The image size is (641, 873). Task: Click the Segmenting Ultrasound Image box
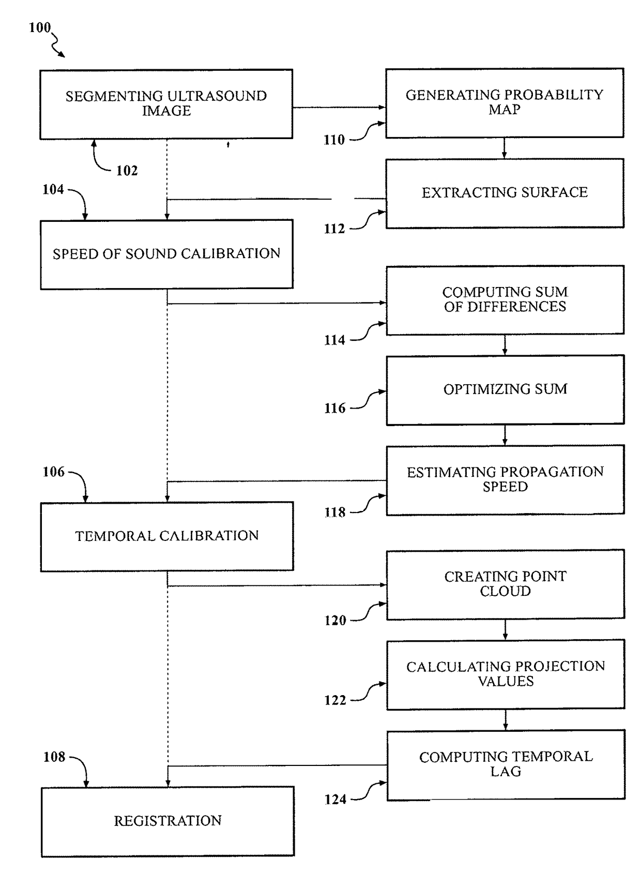pos(166,104)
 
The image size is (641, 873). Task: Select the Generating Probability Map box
pos(505,103)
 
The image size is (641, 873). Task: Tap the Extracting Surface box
pos(505,193)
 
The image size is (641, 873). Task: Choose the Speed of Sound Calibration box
pos(167,254)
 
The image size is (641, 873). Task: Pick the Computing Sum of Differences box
pos(505,300)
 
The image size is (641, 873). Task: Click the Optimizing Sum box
pos(506,390)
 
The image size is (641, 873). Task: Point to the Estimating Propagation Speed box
pos(506,480)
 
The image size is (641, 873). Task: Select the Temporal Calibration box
pos(167,536)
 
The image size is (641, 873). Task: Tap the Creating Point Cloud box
pos(506,584)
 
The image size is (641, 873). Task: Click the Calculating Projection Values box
pos(506,674)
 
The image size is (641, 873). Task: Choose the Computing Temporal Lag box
pos(506,765)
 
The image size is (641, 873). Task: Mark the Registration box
pos(167,822)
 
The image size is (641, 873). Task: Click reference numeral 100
pos(40,27)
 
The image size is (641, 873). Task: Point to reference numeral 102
pos(127,171)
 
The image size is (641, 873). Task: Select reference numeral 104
pos(53,190)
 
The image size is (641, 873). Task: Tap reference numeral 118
pos(335,512)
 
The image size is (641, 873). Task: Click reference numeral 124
pos(335,800)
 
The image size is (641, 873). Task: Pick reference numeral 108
pos(54,757)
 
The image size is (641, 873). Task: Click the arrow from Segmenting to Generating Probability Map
pos(339,107)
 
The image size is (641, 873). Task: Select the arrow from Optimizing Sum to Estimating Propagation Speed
pos(505,435)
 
